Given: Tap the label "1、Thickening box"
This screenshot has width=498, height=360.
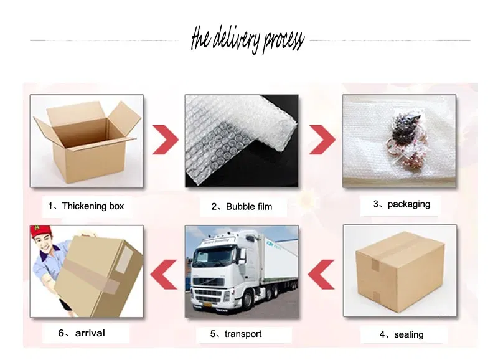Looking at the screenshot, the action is [86, 206].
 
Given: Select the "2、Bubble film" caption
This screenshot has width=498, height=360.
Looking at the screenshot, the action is [242, 207].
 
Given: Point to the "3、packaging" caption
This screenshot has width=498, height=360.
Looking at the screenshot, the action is [402, 204].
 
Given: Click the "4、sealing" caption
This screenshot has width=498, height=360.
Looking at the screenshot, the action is [402, 334].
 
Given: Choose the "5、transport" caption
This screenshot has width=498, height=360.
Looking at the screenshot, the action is [236, 334].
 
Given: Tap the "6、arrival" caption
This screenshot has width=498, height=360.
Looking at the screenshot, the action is [82, 333].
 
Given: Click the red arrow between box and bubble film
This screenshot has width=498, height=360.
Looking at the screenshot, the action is [165, 140].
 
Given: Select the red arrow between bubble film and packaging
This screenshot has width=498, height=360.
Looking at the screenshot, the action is [322, 140].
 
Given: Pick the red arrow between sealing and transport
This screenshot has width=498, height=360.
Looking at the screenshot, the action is [321, 275].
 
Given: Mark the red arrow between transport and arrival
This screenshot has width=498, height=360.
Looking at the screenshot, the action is [164, 275].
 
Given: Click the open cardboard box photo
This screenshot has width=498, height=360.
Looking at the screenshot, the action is [87, 141].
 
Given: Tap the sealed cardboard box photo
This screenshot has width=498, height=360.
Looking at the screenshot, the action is [400, 271].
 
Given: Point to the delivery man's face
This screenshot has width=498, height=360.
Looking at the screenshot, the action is [45, 245].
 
